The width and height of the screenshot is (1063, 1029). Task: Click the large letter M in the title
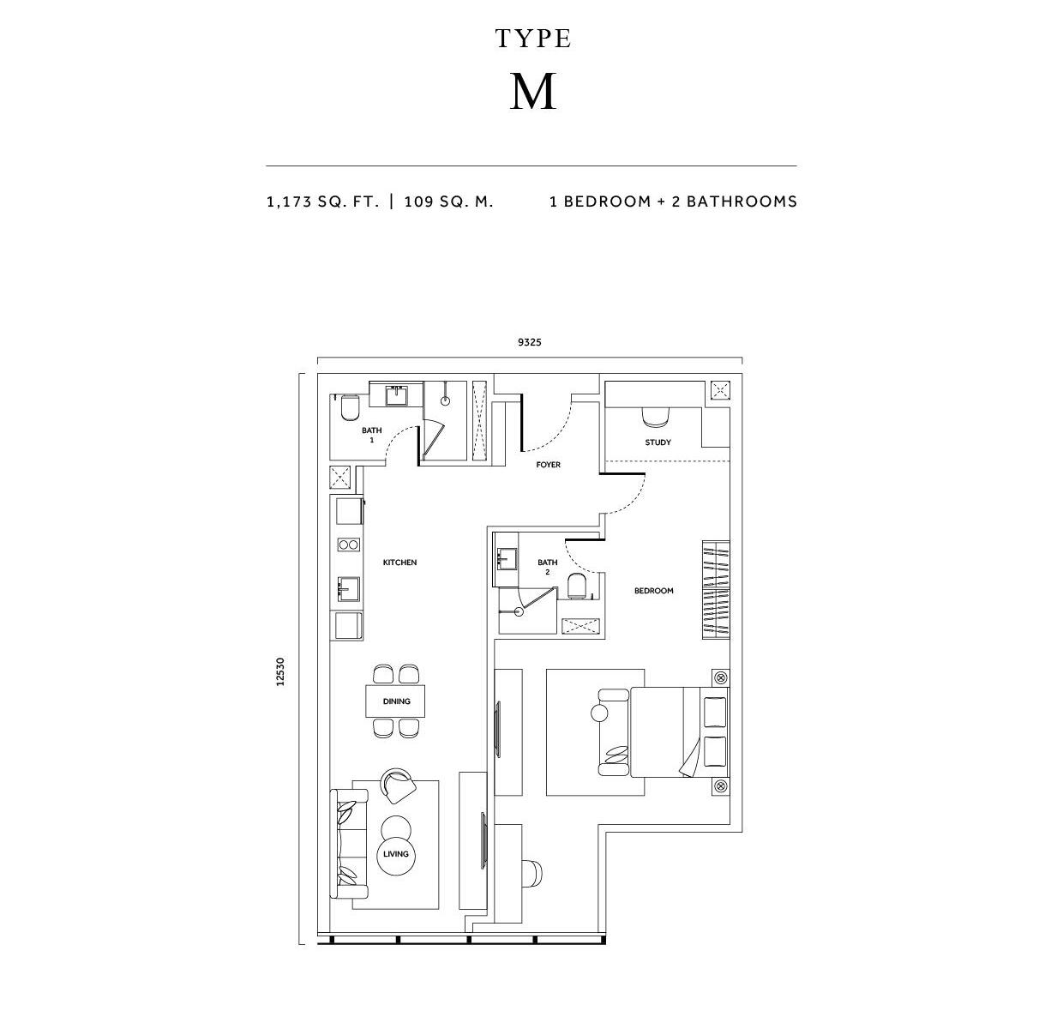[x=532, y=91]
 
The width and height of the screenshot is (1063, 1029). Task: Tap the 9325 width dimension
[x=529, y=342]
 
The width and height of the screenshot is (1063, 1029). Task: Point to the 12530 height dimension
[x=280, y=671]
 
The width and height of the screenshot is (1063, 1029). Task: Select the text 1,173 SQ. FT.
[x=322, y=202]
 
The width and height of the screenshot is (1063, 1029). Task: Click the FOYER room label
[x=548, y=465]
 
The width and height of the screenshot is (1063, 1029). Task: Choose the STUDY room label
[x=658, y=442]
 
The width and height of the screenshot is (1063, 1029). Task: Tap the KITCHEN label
[x=399, y=563]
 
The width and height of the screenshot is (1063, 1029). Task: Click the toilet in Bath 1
[x=349, y=408]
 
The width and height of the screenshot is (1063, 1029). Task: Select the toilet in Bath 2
[x=576, y=586]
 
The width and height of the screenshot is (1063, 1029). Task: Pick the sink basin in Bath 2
[x=507, y=558]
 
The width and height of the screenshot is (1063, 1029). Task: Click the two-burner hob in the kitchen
[x=349, y=545]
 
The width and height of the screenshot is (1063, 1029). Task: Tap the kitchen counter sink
[x=349, y=588]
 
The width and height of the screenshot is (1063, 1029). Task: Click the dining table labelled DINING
[x=395, y=701]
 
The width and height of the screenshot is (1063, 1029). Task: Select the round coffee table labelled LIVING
[x=396, y=853]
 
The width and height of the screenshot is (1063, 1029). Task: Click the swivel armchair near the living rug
[x=398, y=785]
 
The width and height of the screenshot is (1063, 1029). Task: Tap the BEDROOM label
[x=653, y=590]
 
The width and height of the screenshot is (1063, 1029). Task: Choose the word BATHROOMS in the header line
[x=742, y=202]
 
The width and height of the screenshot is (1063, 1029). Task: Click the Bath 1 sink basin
[x=397, y=395]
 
